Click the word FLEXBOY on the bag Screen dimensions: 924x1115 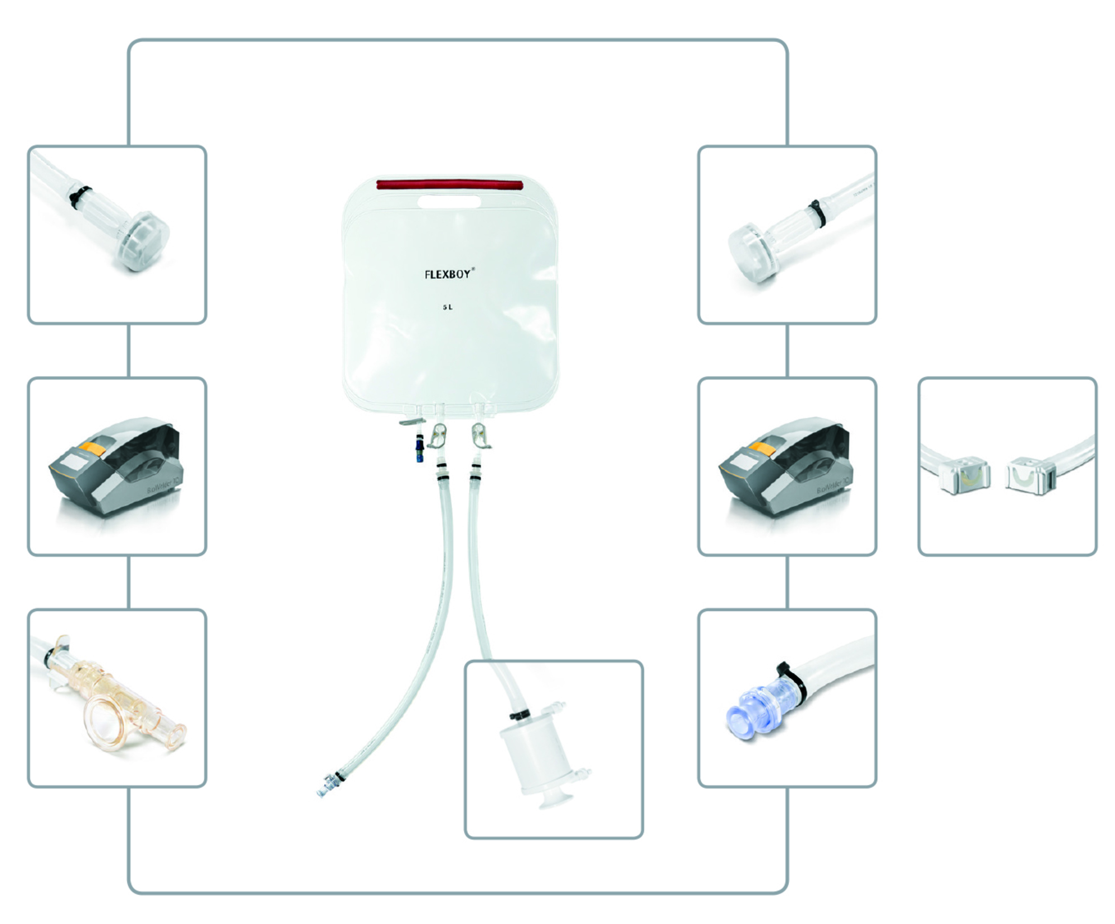(x=448, y=274)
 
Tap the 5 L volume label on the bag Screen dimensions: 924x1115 (x=448, y=307)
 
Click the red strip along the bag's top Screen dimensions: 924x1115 (x=450, y=184)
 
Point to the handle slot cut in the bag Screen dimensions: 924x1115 (x=449, y=201)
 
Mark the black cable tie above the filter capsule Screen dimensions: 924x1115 (x=518, y=715)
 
